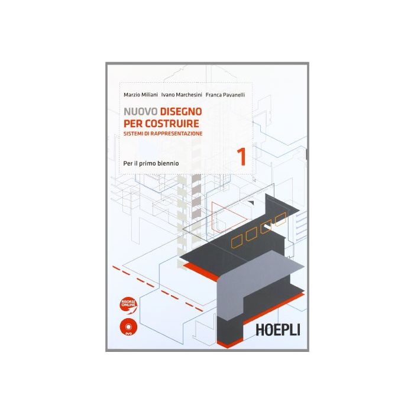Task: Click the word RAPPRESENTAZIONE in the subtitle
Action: pos(174,134)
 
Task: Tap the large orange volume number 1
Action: pos(241,157)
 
